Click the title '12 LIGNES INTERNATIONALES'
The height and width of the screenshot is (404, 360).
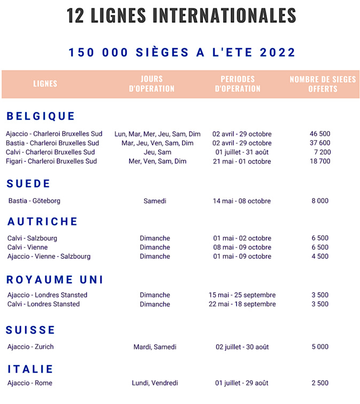click(x=181, y=15)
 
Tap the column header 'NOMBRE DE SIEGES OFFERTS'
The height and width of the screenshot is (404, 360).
click(x=323, y=84)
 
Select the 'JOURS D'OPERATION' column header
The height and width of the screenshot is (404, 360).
click(x=152, y=84)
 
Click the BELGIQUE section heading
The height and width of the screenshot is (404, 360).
click(x=41, y=116)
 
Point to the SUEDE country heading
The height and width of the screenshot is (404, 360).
click(x=29, y=184)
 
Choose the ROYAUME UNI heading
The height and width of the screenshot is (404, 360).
click(x=56, y=280)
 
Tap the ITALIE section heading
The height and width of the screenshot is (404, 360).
click(x=31, y=369)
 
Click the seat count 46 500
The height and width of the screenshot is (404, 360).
click(x=320, y=134)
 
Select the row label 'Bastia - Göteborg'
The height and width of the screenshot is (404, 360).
click(x=34, y=201)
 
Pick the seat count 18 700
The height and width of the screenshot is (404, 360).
click(x=320, y=161)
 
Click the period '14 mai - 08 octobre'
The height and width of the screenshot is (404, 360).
click(x=241, y=201)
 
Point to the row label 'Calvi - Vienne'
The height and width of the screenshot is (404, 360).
click(x=27, y=247)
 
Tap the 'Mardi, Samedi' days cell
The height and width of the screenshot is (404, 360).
click(x=155, y=347)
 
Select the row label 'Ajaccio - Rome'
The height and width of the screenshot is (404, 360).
click(x=30, y=383)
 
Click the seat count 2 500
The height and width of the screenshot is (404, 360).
click(x=320, y=383)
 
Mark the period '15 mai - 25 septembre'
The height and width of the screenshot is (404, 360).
click(x=242, y=295)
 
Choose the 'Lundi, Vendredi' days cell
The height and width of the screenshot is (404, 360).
click(x=155, y=383)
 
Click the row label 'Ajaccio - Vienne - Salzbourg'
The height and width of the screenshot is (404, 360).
click(x=49, y=256)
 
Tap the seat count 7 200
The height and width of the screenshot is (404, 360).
click(x=322, y=152)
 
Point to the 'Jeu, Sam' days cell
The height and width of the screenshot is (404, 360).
click(x=157, y=152)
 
